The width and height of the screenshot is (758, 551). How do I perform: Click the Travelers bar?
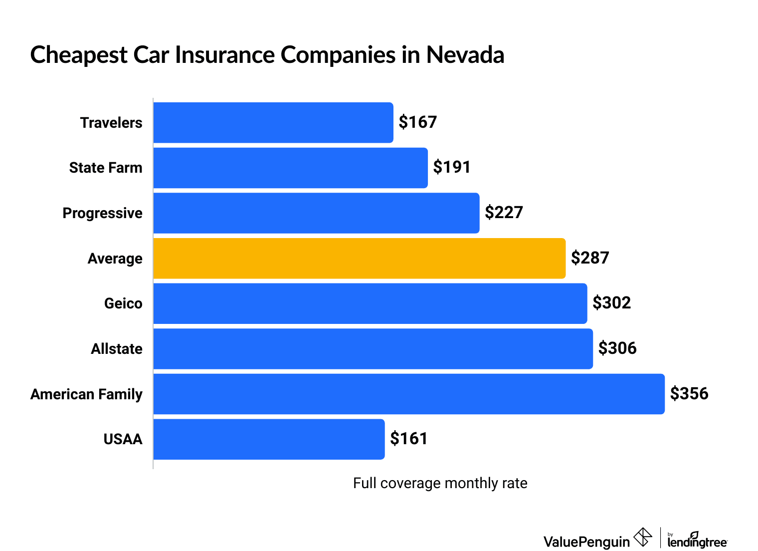tap(273, 123)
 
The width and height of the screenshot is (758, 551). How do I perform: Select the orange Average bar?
tap(359, 259)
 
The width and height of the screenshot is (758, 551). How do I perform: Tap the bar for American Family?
tap(409, 394)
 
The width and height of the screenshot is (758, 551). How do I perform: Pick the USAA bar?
tap(269, 439)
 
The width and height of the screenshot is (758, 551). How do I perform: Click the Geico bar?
tap(370, 303)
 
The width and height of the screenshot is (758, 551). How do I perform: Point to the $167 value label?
tap(418, 122)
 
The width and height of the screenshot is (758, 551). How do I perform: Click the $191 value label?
tap(452, 167)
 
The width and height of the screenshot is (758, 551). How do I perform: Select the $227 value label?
tap(504, 213)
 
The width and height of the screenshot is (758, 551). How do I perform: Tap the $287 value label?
tap(590, 258)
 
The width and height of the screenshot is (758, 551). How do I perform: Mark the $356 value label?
tap(689, 394)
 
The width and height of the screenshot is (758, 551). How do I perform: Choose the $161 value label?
tap(409, 439)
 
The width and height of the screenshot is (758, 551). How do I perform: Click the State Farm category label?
tap(106, 168)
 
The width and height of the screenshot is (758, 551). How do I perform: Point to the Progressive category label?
tap(102, 213)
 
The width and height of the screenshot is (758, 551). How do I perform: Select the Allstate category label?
tap(117, 349)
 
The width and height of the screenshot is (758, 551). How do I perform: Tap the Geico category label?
tap(123, 303)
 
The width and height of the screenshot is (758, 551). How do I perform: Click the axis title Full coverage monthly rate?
tap(440, 483)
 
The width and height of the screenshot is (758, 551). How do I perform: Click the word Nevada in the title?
tap(465, 55)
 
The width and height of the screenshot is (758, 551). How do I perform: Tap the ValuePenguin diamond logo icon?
tap(643, 538)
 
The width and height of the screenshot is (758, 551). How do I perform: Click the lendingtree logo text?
tap(697, 542)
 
